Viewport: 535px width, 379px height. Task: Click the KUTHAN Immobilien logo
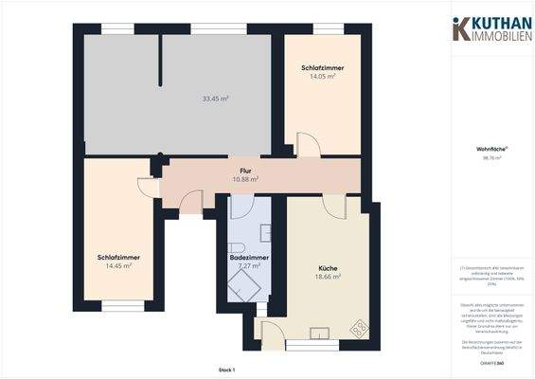tap(493, 28)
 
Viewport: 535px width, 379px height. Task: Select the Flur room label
tap(245, 170)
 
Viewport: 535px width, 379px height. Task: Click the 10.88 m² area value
tap(245, 178)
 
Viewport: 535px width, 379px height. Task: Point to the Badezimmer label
tap(249, 258)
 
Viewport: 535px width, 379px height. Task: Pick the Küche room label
tap(328, 268)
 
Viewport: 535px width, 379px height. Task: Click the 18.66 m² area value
tap(328, 277)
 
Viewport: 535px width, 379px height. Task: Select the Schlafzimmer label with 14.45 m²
tap(118, 258)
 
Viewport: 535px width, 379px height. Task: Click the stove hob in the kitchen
tap(359, 328)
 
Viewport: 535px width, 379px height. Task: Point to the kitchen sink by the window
tap(320, 332)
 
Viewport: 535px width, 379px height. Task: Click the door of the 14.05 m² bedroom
tap(309, 146)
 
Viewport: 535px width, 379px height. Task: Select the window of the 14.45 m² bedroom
tap(122, 304)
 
